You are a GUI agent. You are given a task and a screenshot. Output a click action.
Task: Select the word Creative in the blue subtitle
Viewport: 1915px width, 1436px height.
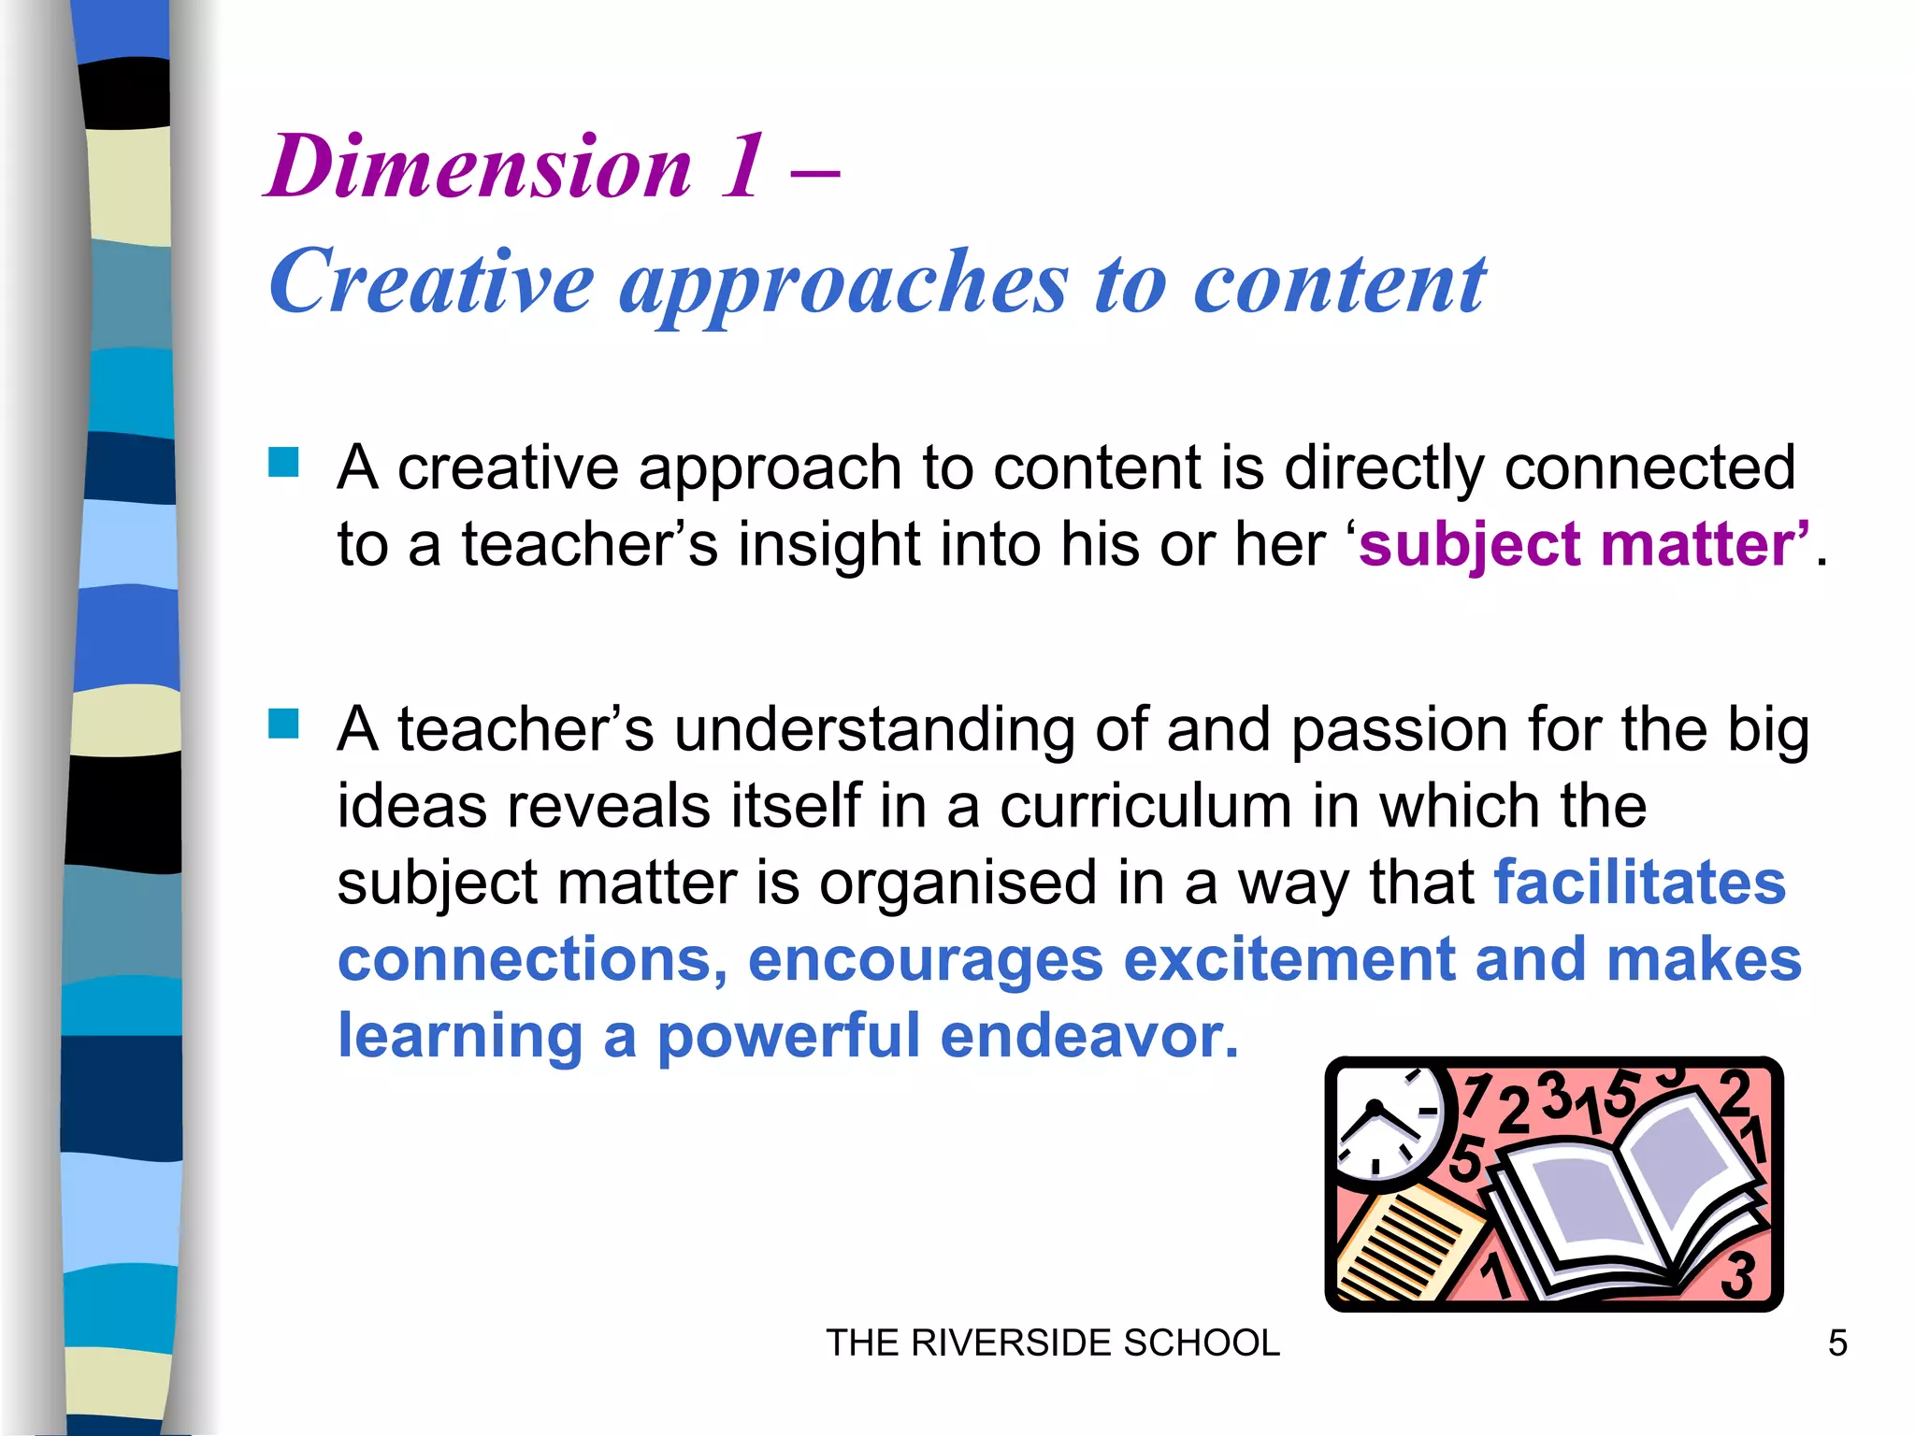click(432, 281)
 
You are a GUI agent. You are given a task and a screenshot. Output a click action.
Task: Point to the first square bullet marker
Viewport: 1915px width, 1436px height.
click(283, 462)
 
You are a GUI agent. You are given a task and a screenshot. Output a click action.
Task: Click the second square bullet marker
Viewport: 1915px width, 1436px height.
click(283, 724)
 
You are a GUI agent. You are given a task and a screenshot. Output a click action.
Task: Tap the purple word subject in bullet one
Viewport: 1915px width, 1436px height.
click(1469, 546)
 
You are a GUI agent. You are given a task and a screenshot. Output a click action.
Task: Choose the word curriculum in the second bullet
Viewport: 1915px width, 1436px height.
click(1146, 806)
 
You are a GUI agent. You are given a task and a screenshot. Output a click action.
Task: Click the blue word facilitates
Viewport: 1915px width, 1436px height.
click(1640, 883)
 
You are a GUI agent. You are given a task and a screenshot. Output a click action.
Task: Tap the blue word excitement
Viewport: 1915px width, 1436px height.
click(1289, 959)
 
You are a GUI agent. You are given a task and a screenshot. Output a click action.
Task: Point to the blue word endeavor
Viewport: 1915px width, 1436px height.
click(1088, 1036)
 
